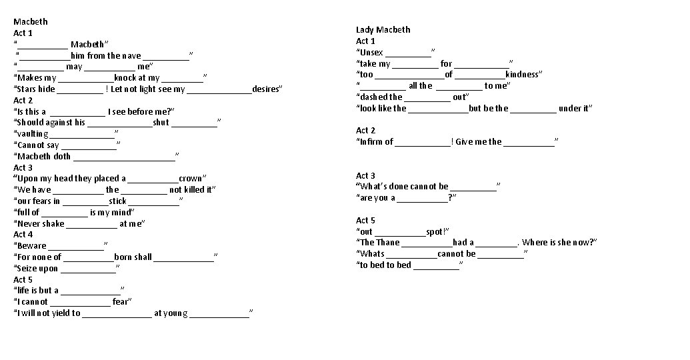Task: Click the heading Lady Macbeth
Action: coord(383,30)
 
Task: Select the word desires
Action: coord(267,89)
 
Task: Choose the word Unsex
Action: coord(371,53)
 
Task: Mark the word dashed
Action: coord(373,97)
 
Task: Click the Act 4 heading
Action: coord(23,235)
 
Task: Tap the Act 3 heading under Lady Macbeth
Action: coord(365,175)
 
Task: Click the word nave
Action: coord(131,56)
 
